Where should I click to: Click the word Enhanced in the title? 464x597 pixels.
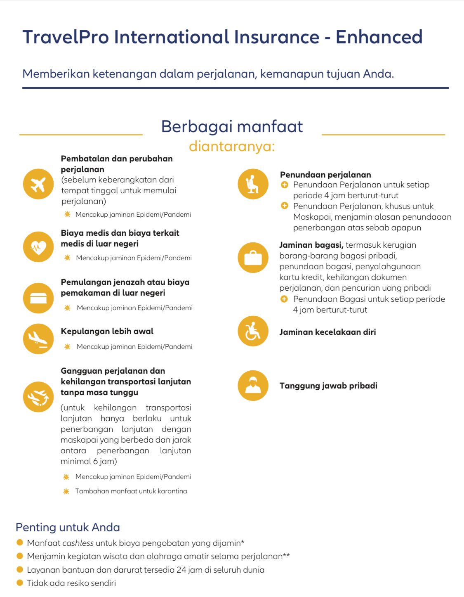(x=379, y=37)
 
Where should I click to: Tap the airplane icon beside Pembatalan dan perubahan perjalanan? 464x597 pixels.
(x=38, y=184)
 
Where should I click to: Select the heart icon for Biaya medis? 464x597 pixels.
(x=38, y=247)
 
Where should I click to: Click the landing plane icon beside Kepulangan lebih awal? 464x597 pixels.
(x=38, y=339)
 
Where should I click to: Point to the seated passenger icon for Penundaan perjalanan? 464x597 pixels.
(x=253, y=184)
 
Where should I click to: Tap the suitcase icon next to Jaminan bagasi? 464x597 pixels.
(x=253, y=258)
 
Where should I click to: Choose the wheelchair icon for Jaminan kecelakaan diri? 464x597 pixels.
(x=253, y=331)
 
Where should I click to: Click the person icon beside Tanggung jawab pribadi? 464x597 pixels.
(x=253, y=386)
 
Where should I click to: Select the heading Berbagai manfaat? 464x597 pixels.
(x=232, y=127)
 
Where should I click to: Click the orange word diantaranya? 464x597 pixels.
(x=232, y=146)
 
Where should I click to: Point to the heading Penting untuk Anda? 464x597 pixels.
(x=68, y=527)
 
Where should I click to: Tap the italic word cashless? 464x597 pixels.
(x=78, y=543)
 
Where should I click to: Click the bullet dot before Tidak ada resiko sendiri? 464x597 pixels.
(x=19, y=583)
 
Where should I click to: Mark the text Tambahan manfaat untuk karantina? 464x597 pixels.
(x=131, y=491)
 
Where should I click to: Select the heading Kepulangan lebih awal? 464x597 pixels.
(x=107, y=331)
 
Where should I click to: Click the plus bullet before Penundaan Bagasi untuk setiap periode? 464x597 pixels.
(x=284, y=299)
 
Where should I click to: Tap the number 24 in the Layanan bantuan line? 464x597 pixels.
(x=181, y=570)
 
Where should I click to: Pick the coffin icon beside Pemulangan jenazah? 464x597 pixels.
(x=38, y=298)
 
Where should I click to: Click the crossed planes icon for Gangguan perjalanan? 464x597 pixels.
(x=38, y=397)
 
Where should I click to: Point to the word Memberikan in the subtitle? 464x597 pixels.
(x=56, y=74)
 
